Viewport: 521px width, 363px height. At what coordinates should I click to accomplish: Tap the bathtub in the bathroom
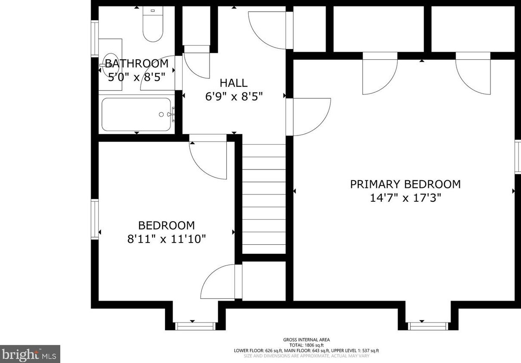coord(136,114)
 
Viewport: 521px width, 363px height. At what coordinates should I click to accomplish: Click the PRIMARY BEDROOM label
coord(405,184)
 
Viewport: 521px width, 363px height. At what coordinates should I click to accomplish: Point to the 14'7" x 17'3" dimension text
coord(405,198)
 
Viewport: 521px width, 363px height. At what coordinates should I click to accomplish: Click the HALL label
coord(234,83)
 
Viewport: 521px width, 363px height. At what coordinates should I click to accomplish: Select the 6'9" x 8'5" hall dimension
coord(234,97)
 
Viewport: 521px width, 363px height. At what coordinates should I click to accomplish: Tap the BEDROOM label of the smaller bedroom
coord(166,225)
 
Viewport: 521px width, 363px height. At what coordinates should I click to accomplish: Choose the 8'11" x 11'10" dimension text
coord(166,239)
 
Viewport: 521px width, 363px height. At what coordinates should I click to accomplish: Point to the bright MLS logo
coord(30,354)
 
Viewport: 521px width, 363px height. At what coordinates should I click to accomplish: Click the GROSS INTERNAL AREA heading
coord(306,340)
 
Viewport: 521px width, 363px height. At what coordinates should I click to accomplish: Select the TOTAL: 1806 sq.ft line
coord(306,345)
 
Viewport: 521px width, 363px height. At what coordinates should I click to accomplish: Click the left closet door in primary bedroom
coord(379,74)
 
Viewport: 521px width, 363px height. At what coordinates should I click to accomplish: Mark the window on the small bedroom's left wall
coord(94,218)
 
